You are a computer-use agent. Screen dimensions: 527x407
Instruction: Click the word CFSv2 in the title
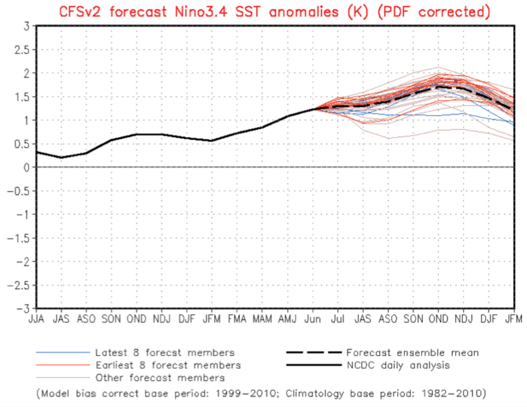(80, 12)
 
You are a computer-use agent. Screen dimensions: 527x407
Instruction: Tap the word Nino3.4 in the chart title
(201, 12)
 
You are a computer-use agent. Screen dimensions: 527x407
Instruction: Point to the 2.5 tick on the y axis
(22, 50)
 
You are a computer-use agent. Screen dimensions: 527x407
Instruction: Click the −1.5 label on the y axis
(18, 239)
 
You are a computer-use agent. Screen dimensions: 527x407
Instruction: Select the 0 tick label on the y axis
(26, 168)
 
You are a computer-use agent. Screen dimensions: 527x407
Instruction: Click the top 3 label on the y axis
(27, 26)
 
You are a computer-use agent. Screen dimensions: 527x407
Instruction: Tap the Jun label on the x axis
(313, 319)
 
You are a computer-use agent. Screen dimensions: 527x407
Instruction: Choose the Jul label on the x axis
(338, 319)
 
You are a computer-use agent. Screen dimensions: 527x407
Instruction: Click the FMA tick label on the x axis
(237, 319)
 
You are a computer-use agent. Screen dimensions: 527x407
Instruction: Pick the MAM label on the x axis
(262, 319)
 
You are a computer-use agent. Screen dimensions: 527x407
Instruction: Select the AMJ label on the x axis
(287, 319)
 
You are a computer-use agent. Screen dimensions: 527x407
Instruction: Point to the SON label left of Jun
(111, 319)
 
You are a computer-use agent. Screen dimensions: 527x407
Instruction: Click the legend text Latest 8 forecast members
(165, 353)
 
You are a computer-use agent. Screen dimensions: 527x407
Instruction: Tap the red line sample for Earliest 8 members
(63, 365)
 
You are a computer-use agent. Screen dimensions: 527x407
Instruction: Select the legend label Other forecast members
(160, 378)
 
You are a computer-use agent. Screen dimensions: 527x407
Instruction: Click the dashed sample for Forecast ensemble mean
(314, 352)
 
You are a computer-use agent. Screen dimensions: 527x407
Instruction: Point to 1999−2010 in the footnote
(246, 393)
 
